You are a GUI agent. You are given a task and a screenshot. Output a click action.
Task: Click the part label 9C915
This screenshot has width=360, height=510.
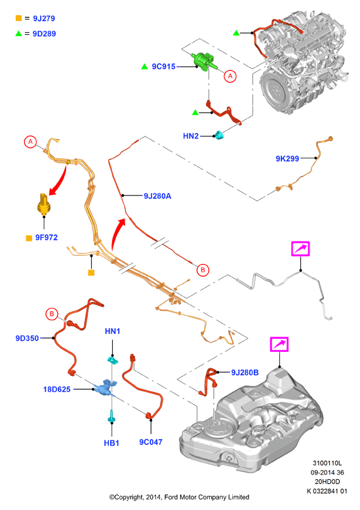(x=163, y=66)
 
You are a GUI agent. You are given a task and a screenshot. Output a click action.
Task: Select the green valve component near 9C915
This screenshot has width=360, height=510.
(x=204, y=61)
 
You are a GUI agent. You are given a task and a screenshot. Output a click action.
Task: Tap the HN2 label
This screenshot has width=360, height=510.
(x=191, y=136)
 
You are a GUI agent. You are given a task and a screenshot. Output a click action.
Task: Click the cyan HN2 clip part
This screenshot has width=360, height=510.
(x=219, y=135)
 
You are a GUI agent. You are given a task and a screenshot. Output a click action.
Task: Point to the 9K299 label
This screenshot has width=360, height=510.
(x=287, y=159)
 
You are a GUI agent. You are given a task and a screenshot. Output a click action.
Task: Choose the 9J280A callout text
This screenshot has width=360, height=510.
(x=157, y=196)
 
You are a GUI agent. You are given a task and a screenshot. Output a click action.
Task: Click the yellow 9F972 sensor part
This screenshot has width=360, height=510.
(x=43, y=203)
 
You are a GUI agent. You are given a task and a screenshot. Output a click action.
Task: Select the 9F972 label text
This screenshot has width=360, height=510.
(x=47, y=238)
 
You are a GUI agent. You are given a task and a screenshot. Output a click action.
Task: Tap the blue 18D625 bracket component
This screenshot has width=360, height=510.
(x=105, y=388)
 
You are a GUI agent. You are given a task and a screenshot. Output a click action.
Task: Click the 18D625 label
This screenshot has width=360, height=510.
(x=57, y=389)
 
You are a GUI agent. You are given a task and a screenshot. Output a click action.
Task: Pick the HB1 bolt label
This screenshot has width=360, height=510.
(x=111, y=443)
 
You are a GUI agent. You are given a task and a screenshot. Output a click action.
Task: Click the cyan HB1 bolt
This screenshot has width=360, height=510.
(x=111, y=417)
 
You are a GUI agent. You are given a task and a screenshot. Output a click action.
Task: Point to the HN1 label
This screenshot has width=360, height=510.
(x=112, y=331)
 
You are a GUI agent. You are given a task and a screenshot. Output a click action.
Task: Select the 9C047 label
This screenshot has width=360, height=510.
(x=151, y=442)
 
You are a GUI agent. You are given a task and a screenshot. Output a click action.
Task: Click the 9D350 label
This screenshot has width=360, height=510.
(x=27, y=338)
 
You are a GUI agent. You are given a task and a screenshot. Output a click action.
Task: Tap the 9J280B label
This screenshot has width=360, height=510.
(x=245, y=372)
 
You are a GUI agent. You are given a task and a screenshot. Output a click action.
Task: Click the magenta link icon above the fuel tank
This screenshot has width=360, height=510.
(x=279, y=345)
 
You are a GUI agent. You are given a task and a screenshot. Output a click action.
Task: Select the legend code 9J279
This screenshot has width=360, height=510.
(x=44, y=18)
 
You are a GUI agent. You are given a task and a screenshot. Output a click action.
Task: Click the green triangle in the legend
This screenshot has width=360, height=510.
(x=19, y=33)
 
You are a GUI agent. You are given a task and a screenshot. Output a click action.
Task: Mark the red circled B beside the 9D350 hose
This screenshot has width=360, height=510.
(x=52, y=314)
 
